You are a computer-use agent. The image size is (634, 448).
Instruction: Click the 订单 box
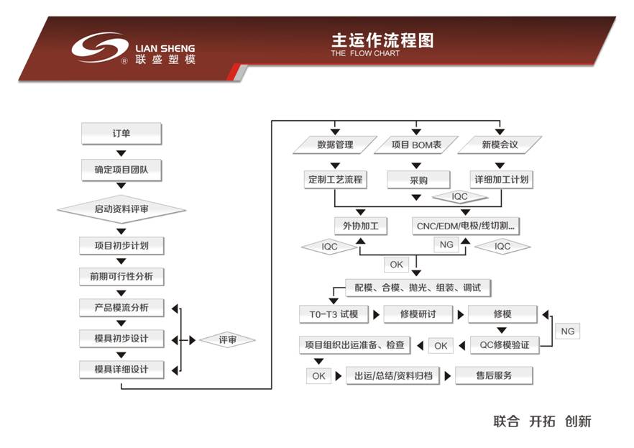[x=121, y=134]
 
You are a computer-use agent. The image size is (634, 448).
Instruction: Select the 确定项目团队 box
[x=121, y=170]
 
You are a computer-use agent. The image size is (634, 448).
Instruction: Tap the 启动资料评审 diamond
[x=121, y=209]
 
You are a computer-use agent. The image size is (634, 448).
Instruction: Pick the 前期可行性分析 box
[x=121, y=276]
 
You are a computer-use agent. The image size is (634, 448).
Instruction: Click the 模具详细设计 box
[x=121, y=370]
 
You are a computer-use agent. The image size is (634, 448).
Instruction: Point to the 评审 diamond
[x=227, y=339]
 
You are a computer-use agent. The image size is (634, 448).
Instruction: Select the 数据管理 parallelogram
[x=335, y=145]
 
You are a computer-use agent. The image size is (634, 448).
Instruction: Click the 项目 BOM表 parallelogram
[x=416, y=145]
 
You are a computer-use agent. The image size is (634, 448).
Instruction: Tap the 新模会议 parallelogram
[x=499, y=145]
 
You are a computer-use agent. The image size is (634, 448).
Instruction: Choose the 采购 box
[x=418, y=179]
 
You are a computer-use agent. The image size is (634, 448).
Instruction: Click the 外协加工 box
[x=360, y=226]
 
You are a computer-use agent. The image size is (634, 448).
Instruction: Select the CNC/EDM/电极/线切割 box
[x=467, y=226]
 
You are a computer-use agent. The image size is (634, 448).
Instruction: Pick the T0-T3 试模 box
[x=334, y=314]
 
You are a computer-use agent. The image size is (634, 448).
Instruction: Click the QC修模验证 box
[x=504, y=345]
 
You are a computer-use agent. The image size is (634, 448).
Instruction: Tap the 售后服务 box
[x=494, y=375]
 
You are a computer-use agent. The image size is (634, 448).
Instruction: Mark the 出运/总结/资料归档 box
[x=393, y=375]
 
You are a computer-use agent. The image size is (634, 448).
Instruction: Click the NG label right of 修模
[x=567, y=332]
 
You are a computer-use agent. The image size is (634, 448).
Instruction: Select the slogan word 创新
[x=578, y=421]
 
